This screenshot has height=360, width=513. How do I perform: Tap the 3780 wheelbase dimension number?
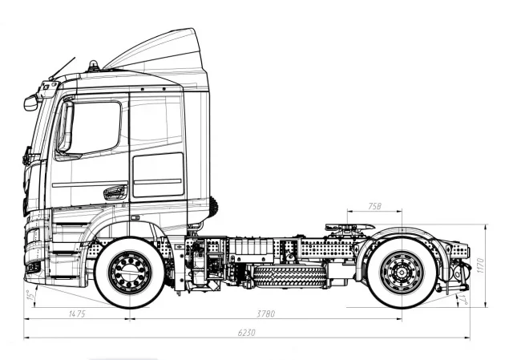click(265, 313)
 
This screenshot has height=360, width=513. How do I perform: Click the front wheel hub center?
click(129, 273)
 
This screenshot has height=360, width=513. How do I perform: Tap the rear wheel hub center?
click(401, 273)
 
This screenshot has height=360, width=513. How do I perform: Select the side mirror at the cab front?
click(31, 103)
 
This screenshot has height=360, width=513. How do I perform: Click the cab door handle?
click(115, 192)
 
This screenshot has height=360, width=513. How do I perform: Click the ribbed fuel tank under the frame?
click(289, 276)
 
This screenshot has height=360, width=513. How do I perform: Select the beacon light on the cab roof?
click(93, 65)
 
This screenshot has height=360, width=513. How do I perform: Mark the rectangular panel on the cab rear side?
click(157, 175)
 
